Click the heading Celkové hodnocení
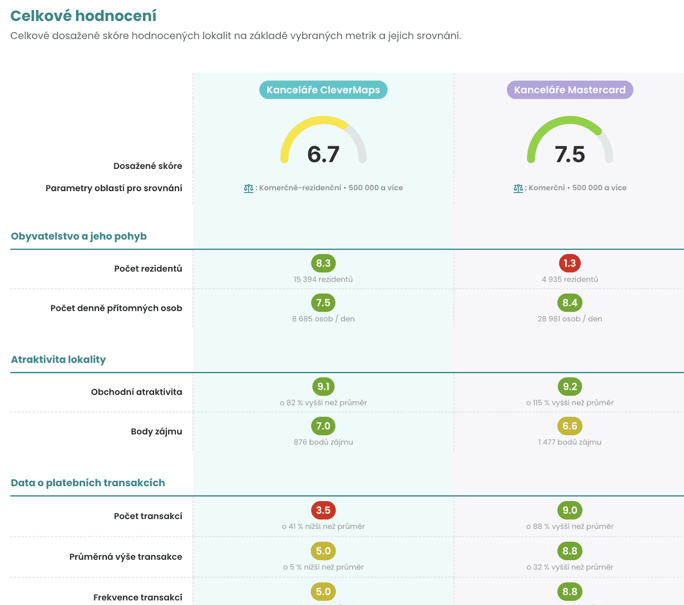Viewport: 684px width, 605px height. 83,16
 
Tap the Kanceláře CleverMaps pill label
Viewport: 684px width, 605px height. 323,90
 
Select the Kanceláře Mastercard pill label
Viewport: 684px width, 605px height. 569,90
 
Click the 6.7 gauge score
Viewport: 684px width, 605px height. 323,154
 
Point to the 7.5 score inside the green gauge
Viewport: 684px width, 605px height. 569,154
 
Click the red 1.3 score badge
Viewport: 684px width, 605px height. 569,263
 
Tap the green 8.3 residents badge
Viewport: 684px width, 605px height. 323,263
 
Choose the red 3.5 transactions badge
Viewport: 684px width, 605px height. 323,510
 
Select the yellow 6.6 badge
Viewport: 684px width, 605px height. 569,426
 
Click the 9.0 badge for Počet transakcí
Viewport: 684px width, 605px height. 569,510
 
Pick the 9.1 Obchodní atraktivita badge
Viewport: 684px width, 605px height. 323,387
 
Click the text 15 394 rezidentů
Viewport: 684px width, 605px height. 323,279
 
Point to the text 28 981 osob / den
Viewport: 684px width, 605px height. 569,319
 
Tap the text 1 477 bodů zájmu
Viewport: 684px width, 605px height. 569,442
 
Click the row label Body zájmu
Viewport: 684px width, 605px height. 156,431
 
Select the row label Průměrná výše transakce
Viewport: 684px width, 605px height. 126,557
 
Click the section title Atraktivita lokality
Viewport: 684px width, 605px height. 59,360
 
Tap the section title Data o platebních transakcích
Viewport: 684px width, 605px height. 88,483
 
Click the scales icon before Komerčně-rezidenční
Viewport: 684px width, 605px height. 248,188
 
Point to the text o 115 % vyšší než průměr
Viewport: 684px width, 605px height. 569,403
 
